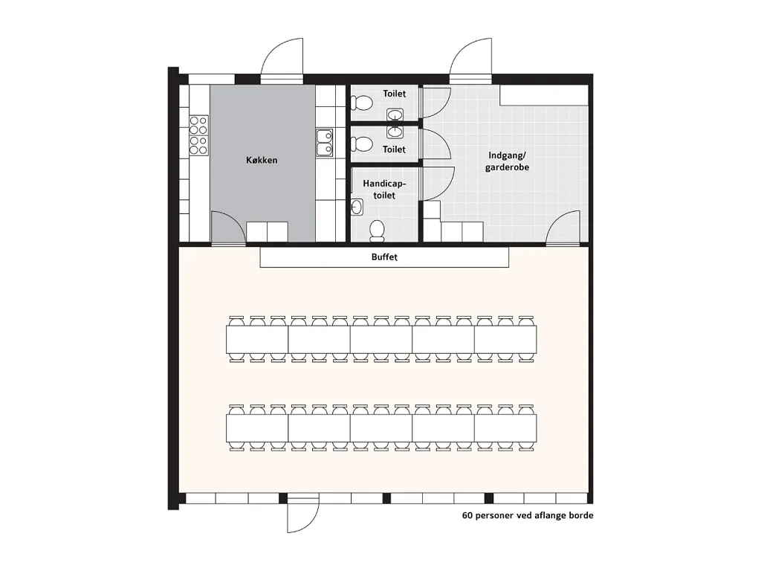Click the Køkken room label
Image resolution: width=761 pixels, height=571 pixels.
tap(262, 160)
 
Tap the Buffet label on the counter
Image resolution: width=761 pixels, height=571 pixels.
tap(384, 257)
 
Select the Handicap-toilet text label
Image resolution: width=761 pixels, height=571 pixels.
tap(384, 190)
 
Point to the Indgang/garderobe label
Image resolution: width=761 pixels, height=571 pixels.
tap(507, 161)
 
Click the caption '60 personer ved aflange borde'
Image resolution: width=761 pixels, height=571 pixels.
tap(528, 516)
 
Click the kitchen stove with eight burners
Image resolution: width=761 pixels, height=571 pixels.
tap(198, 135)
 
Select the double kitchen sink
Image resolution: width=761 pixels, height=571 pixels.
tap(325, 142)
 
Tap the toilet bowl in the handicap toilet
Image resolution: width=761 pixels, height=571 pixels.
tap(377, 231)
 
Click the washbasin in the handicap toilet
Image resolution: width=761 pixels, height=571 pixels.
tap(357, 207)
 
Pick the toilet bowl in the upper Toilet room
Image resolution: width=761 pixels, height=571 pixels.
tap(362, 103)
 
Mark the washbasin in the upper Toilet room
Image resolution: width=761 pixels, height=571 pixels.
tap(395, 115)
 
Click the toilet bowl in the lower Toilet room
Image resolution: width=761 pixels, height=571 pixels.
tap(362, 144)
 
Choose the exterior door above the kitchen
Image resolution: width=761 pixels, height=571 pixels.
tap(282, 60)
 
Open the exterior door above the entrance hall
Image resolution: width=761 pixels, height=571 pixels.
tap(470, 60)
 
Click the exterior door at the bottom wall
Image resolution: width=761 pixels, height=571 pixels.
tap(303, 513)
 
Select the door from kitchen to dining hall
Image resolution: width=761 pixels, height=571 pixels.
tap(229, 228)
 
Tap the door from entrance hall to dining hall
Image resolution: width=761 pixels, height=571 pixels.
tap(563, 228)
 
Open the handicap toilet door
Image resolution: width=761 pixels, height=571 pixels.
tap(438, 184)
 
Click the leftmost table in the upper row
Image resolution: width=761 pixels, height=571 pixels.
tap(257, 339)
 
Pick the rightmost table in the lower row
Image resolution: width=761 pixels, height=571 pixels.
tap(505, 428)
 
